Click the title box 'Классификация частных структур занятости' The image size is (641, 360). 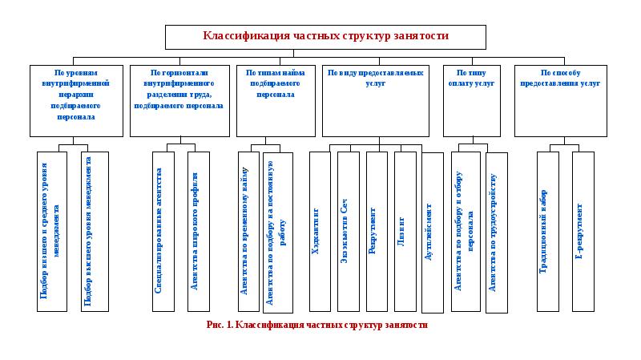click(x=325, y=37)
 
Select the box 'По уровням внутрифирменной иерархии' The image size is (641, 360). click(x=76, y=100)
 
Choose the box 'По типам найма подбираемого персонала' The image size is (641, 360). click(x=275, y=100)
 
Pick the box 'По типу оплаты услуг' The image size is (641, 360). click(x=472, y=100)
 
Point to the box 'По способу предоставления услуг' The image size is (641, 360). click(x=560, y=100)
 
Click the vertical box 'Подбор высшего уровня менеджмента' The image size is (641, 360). click(x=95, y=231)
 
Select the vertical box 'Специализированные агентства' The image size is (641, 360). click(x=163, y=231)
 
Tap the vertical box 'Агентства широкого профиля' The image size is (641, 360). click(x=198, y=231)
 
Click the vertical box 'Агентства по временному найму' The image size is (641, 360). click(x=249, y=231)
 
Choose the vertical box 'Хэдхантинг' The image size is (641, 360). click(x=320, y=231)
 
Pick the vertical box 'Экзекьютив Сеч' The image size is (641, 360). click(x=348, y=231)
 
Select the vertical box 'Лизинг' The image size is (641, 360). click(x=405, y=231)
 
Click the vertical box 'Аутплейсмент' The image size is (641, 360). click(x=432, y=232)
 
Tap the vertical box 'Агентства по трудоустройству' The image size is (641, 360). click(x=497, y=232)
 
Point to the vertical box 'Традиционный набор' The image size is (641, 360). click(x=548, y=231)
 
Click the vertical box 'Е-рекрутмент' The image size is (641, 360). click(x=583, y=231)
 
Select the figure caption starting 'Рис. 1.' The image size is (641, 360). click(x=316, y=325)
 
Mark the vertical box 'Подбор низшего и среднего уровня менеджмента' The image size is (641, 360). click(x=50, y=231)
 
